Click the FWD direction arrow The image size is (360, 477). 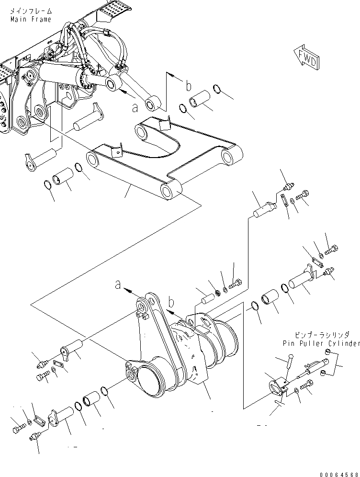point(305,57)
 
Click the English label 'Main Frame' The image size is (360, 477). point(29,19)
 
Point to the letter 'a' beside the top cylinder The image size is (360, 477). point(135,107)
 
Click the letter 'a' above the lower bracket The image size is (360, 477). point(118,285)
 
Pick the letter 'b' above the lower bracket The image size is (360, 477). point(170,302)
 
